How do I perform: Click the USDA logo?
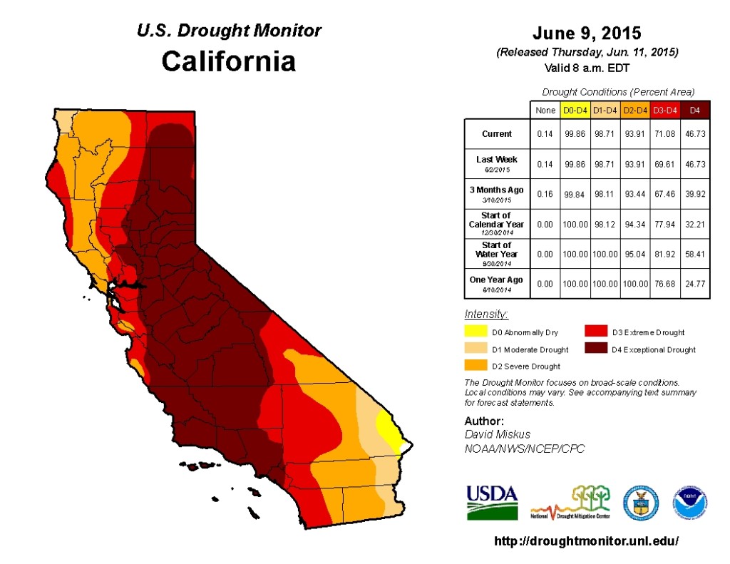(x=492, y=502)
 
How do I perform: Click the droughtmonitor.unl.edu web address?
(x=586, y=541)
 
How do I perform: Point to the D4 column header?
(x=696, y=111)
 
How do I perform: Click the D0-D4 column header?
(x=574, y=111)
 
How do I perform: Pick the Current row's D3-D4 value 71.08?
(x=665, y=134)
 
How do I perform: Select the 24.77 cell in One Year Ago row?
(x=696, y=284)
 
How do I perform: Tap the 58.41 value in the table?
(x=696, y=254)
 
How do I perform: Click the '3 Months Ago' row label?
(x=496, y=194)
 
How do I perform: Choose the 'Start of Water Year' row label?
(x=496, y=253)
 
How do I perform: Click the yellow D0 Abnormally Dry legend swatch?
(x=475, y=332)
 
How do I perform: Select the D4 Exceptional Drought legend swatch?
(x=595, y=349)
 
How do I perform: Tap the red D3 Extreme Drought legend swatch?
(x=595, y=332)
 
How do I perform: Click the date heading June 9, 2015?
(x=587, y=34)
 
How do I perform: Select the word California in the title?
(x=228, y=61)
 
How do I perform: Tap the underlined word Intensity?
(x=486, y=314)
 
